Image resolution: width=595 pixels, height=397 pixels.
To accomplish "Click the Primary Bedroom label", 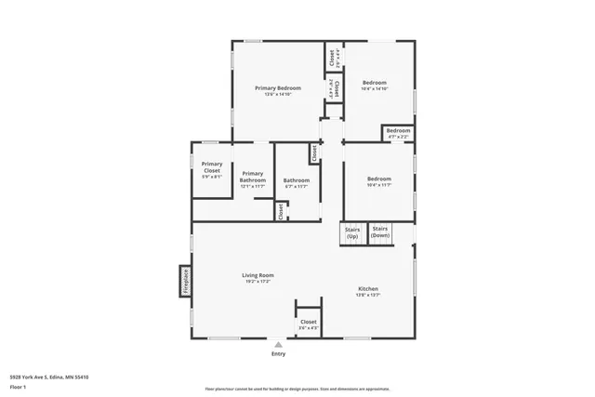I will coord(278,88).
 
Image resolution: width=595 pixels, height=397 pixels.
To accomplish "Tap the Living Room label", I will coord(258,275).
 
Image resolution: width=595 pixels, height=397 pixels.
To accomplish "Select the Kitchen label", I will coord(368,289).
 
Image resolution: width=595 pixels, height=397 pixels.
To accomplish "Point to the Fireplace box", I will coord(185,281).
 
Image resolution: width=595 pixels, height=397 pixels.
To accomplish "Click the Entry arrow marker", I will coord(277,344).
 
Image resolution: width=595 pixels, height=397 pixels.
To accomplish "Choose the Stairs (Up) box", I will coord(352,232).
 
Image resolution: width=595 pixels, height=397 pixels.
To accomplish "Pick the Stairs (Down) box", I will coord(380,232).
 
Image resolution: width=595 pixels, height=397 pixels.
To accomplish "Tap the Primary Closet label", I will coord(212,167).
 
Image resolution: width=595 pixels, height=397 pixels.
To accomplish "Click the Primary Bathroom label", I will coord(253,177).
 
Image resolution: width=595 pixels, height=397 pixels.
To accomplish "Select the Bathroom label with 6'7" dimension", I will coord(297,180).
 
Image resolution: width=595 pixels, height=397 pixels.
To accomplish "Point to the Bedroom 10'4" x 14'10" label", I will coord(375,83).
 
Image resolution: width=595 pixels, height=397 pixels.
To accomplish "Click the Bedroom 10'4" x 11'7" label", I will coord(379,179).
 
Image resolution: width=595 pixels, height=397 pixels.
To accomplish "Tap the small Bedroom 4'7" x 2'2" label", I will coord(399,131).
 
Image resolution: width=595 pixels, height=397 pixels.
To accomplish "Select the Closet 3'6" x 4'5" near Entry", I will coord(308,322).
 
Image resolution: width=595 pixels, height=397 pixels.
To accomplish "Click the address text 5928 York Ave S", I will coord(50,377).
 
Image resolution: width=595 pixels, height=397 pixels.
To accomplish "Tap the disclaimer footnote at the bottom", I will coord(297,389).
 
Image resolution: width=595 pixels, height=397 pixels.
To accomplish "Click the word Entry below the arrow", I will coord(278,354).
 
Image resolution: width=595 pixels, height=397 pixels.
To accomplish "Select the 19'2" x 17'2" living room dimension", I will coord(258,281).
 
